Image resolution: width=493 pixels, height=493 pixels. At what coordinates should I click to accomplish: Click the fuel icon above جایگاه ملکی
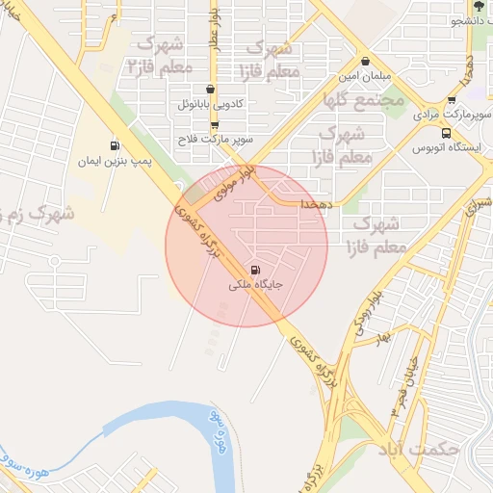(x=255, y=271)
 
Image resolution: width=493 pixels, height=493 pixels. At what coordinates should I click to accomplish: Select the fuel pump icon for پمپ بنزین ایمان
(x=116, y=145)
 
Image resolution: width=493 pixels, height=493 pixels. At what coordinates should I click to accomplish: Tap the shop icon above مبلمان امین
(x=364, y=60)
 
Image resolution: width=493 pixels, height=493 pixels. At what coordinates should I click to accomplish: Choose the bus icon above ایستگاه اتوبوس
(x=446, y=133)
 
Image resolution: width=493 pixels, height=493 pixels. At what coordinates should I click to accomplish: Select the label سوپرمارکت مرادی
(x=441, y=114)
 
